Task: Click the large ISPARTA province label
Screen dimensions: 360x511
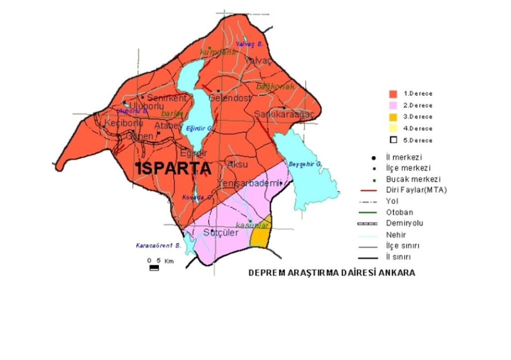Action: (174, 169)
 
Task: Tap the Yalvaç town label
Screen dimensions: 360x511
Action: (257, 60)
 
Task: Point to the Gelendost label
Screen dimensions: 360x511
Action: (230, 98)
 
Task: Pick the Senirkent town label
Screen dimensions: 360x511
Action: (167, 98)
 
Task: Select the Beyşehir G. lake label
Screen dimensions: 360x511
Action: (305, 164)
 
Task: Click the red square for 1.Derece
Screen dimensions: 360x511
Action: (393, 94)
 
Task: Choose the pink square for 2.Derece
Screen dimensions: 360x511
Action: (393, 105)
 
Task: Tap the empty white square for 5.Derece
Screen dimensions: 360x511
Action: (393, 140)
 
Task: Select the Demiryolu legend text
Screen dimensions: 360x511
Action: (405, 223)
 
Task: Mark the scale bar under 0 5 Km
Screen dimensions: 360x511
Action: (154, 268)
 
